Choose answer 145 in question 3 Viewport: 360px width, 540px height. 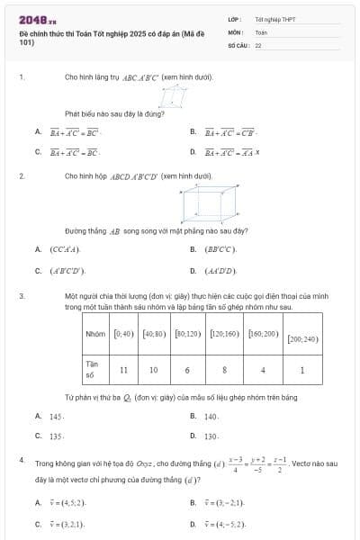click(57, 417)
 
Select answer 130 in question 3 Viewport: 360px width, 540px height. click(211, 436)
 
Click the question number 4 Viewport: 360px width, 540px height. click(21, 460)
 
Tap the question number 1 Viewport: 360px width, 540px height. click(21, 77)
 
